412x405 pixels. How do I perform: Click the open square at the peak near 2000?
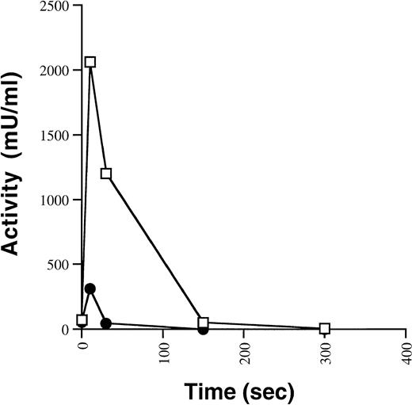90,62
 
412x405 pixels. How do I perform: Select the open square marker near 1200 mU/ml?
106,174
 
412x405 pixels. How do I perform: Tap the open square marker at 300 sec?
325,328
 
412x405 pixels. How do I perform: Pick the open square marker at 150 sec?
204,323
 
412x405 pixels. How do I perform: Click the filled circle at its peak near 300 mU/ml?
90,288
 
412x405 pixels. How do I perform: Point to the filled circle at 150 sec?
204,329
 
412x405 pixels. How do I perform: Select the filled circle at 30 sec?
106,323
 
